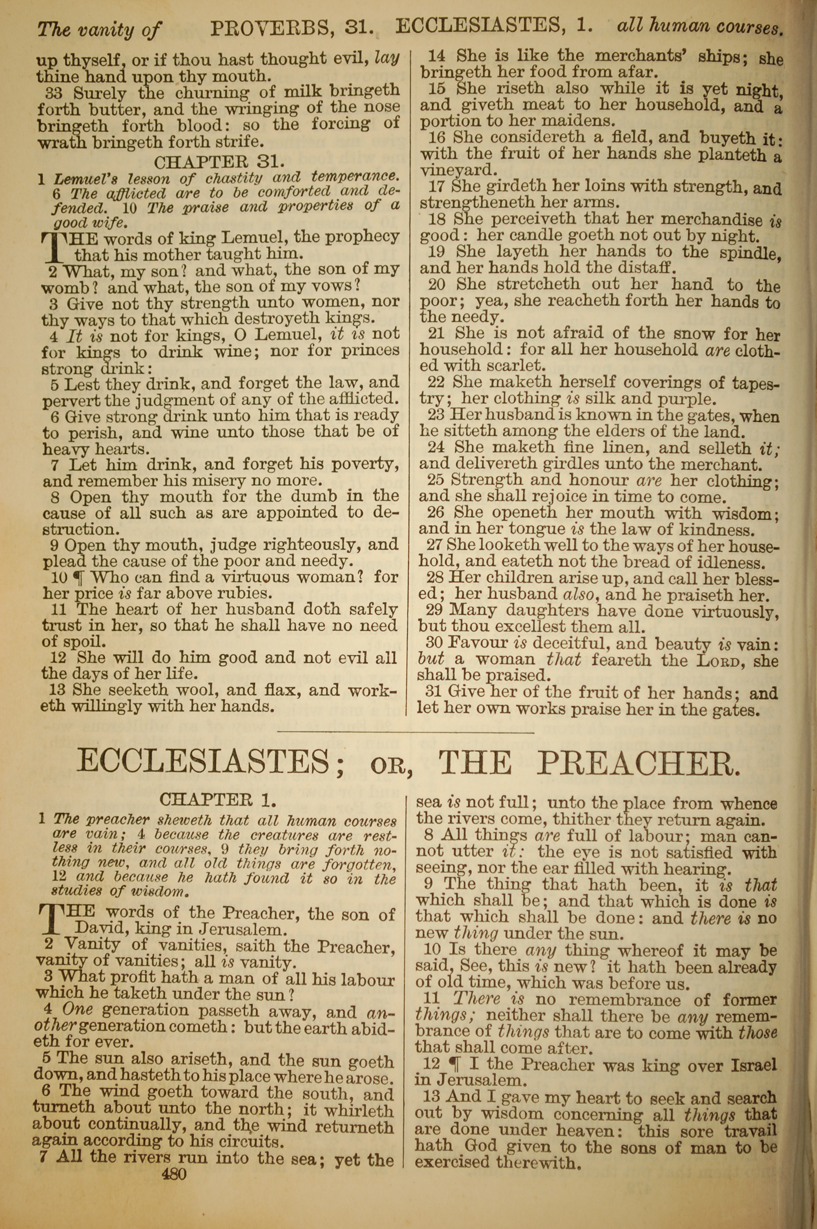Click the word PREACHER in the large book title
click(x=638, y=764)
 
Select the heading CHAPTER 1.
click(x=218, y=799)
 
